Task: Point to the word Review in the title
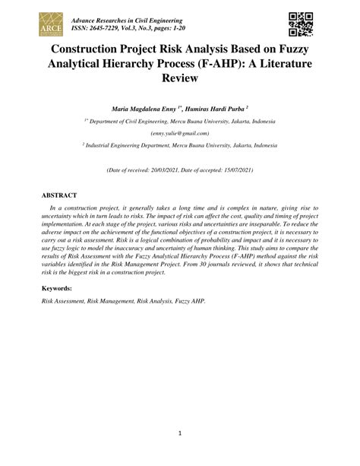click(180, 78)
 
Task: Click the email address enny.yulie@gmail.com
click(180, 132)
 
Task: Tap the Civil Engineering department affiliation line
click(180, 121)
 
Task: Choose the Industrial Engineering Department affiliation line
click(180, 144)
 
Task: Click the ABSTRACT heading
click(58, 195)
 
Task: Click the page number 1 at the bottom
click(180, 433)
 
